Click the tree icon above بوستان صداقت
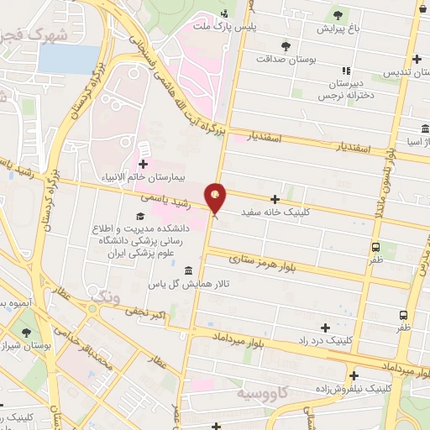click(x=286, y=45)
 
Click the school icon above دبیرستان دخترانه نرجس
click(x=344, y=71)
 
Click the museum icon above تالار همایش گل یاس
click(x=187, y=270)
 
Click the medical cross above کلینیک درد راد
click(x=325, y=326)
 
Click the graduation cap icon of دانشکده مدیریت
click(x=138, y=218)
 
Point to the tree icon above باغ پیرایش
click(x=338, y=14)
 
